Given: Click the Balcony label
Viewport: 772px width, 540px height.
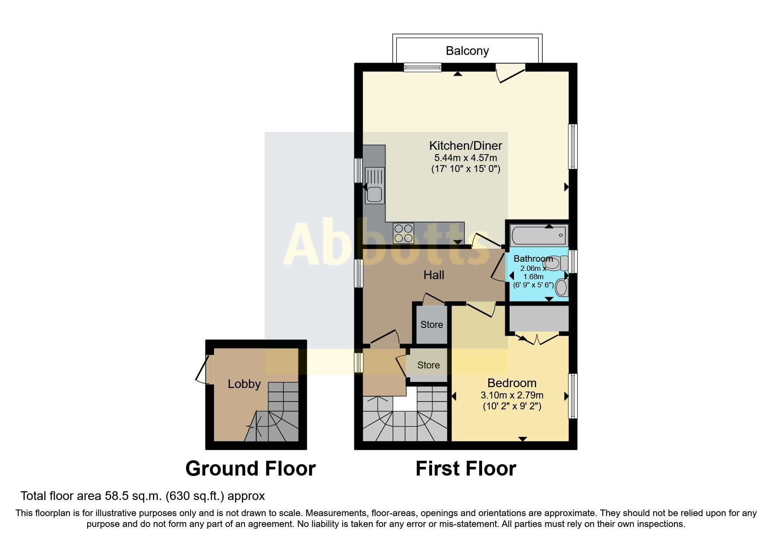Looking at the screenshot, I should pyautogui.click(x=467, y=51).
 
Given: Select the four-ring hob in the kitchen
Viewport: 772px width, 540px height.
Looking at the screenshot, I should pyautogui.click(x=403, y=233).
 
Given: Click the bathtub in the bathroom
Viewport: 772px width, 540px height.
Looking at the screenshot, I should pyautogui.click(x=539, y=236).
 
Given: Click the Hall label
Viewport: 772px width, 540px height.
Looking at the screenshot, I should pyautogui.click(x=434, y=275).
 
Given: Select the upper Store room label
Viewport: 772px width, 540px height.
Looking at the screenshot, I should pyautogui.click(x=432, y=325).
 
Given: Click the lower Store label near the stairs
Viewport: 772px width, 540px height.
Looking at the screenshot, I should pyautogui.click(x=428, y=365).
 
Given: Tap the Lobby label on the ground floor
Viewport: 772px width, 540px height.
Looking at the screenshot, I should pyautogui.click(x=244, y=384).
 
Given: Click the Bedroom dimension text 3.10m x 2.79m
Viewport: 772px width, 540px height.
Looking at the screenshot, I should pyautogui.click(x=512, y=396).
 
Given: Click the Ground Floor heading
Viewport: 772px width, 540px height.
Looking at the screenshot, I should pyautogui.click(x=250, y=469).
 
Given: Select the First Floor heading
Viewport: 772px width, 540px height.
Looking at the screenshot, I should pyautogui.click(x=466, y=469).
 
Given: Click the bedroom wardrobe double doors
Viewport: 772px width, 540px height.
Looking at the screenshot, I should pyautogui.click(x=537, y=339).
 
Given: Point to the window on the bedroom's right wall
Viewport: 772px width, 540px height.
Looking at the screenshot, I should pyautogui.click(x=573, y=396).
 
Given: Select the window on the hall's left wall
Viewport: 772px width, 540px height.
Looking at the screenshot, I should pyautogui.click(x=358, y=273).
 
